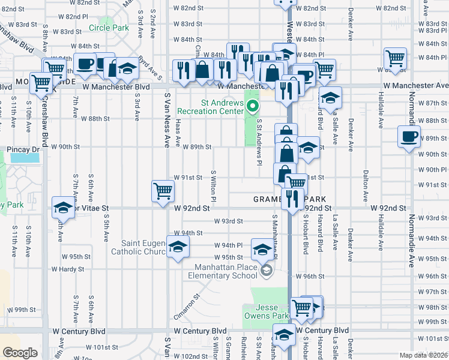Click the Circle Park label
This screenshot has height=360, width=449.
(x=109, y=28)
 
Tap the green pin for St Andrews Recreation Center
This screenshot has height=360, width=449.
(x=253, y=107)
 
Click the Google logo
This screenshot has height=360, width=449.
(x=20, y=353)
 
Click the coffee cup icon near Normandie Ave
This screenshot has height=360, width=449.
(x=409, y=136)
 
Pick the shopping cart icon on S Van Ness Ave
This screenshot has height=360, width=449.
(x=163, y=191)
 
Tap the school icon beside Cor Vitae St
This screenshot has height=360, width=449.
(x=63, y=208)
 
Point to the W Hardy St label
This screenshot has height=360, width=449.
(x=68, y=269)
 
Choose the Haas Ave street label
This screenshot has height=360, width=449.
(x=178, y=133)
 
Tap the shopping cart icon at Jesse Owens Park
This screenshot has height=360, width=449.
(x=302, y=308)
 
